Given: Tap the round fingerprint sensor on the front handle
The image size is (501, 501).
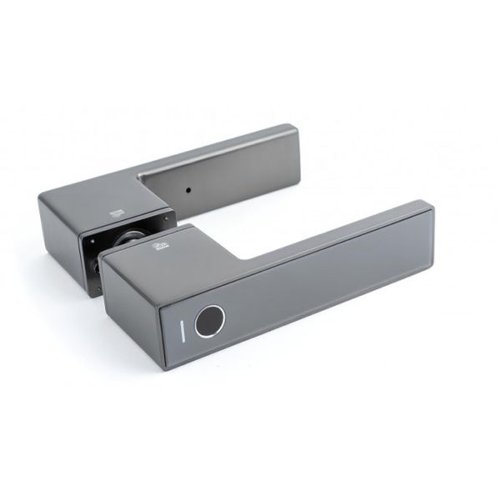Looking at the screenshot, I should [210, 322].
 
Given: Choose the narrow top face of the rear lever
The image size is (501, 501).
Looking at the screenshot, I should [217, 151].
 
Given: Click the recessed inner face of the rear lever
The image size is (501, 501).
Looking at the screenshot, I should [225, 180].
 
